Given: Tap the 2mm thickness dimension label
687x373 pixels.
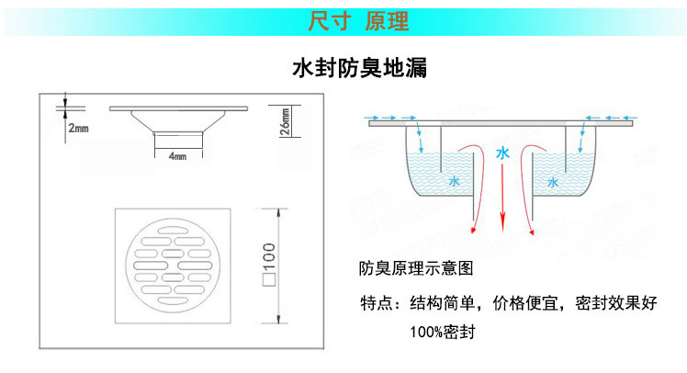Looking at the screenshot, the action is [78, 128].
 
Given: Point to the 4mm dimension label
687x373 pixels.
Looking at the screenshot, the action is [177, 156].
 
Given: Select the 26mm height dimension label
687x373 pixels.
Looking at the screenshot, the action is [286, 122].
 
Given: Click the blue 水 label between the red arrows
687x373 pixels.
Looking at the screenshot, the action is [501, 154].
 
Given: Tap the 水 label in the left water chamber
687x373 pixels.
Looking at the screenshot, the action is [453, 182].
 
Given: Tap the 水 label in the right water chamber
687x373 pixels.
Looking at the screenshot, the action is [552, 182].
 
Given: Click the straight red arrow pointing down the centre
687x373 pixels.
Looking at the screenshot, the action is [502, 198].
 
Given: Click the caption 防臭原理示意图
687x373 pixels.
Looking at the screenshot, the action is [416, 270].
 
